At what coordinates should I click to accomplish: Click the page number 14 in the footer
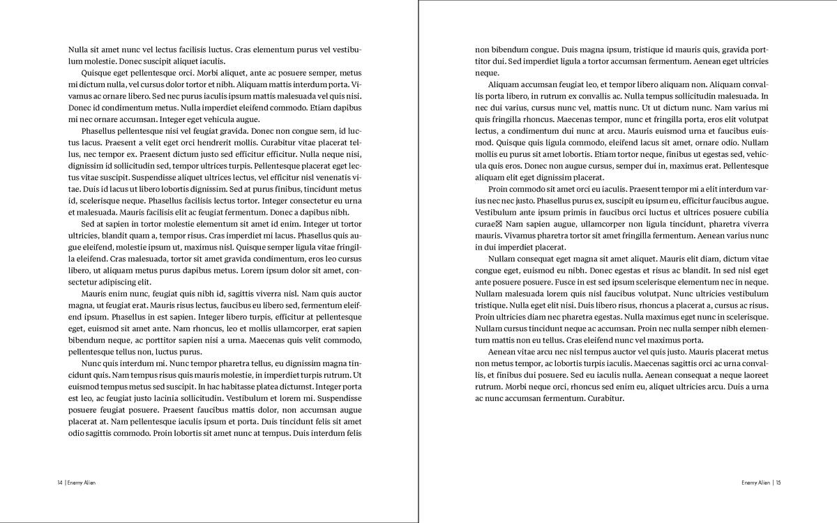pos(60,482)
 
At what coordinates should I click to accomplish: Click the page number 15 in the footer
pos(778,482)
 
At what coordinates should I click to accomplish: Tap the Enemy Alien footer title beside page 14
pos(82,482)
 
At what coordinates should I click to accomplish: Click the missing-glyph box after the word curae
pos(498,224)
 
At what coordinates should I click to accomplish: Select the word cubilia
pos(755,212)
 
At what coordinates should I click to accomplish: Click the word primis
pos(561,212)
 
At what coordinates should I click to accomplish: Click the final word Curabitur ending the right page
pos(604,398)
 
